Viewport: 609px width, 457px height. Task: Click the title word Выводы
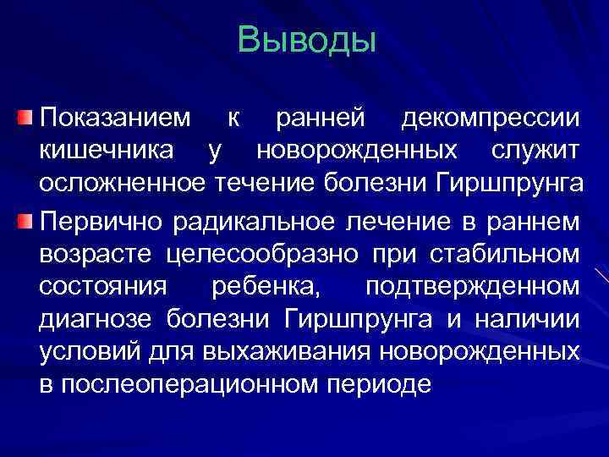coord(305,41)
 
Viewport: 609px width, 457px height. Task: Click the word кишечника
coord(108,151)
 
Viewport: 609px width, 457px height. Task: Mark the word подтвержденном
coord(473,287)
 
